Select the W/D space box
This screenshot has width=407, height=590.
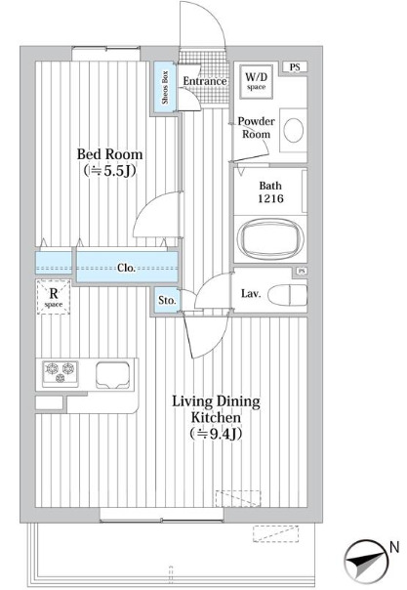point(256,82)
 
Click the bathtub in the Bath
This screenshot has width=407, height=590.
point(270,238)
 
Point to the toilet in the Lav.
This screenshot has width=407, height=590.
point(288,294)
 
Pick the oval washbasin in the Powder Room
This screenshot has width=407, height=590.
point(294,130)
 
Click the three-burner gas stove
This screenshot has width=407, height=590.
point(61,374)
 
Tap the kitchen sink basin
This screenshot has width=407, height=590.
point(113,375)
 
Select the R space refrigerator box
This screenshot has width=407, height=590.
point(54,297)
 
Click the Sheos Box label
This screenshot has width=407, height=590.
point(165,88)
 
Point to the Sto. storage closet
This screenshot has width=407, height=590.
point(167,300)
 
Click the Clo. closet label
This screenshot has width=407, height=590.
point(126,268)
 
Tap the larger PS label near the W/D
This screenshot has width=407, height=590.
point(295,67)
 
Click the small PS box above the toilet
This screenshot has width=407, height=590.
point(302,271)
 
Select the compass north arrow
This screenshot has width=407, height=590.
point(367,561)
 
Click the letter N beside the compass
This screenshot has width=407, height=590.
point(394,547)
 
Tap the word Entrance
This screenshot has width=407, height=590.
point(205,81)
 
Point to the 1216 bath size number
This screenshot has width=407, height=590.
point(270,198)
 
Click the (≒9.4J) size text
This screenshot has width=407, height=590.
point(216,434)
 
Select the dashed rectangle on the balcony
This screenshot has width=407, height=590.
point(275,534)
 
